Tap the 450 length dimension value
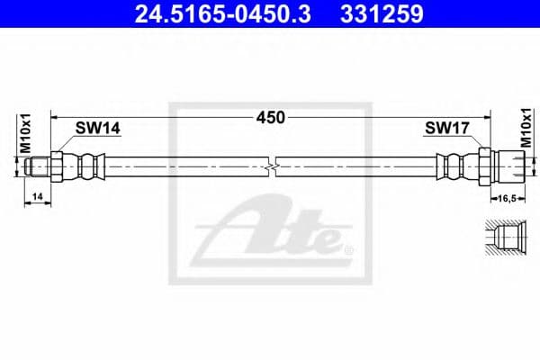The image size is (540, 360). tap(271, 117)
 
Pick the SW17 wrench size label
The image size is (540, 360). tap(445, 129)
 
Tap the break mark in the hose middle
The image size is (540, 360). tap(273, 166)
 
